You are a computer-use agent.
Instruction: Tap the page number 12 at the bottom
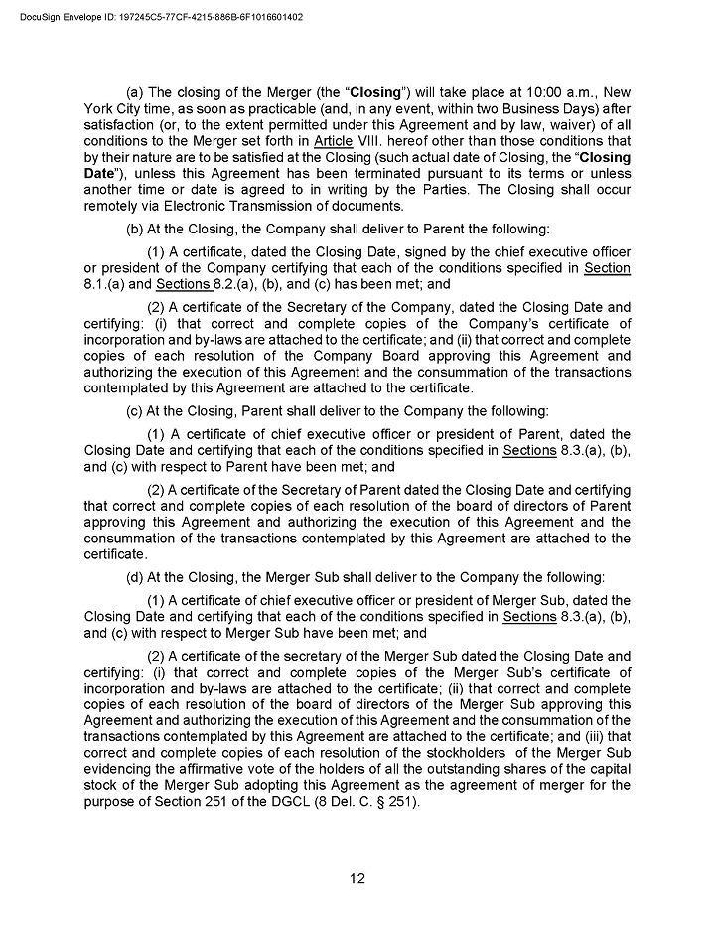click(357, 877)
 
